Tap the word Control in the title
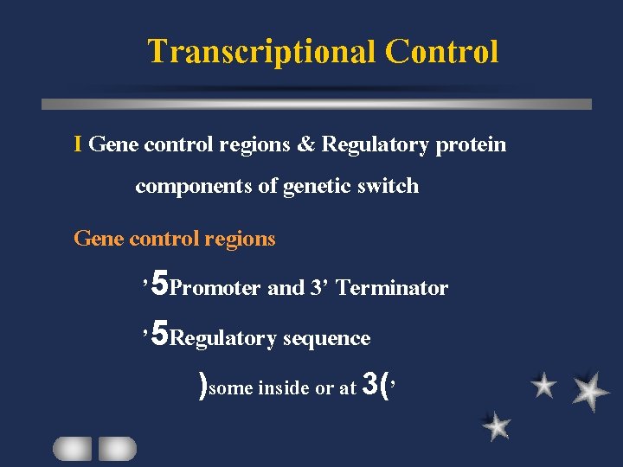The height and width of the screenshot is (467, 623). point(441,52)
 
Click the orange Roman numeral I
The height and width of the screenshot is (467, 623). point(79,144)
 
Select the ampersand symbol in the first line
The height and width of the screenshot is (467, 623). point(305,144)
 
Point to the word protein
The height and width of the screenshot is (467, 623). point(471,144)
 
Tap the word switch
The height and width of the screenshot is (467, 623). point(389,186)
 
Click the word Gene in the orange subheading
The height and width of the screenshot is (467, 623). point(99,239)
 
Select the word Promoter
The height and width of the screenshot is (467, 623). point(215,288)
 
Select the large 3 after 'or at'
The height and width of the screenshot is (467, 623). point(370,383)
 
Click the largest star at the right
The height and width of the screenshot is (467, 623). point(590,390)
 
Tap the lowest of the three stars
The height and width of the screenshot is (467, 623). point(496,425)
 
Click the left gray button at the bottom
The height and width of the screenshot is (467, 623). point(72,448)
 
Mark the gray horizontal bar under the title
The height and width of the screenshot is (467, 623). point(317,104)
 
